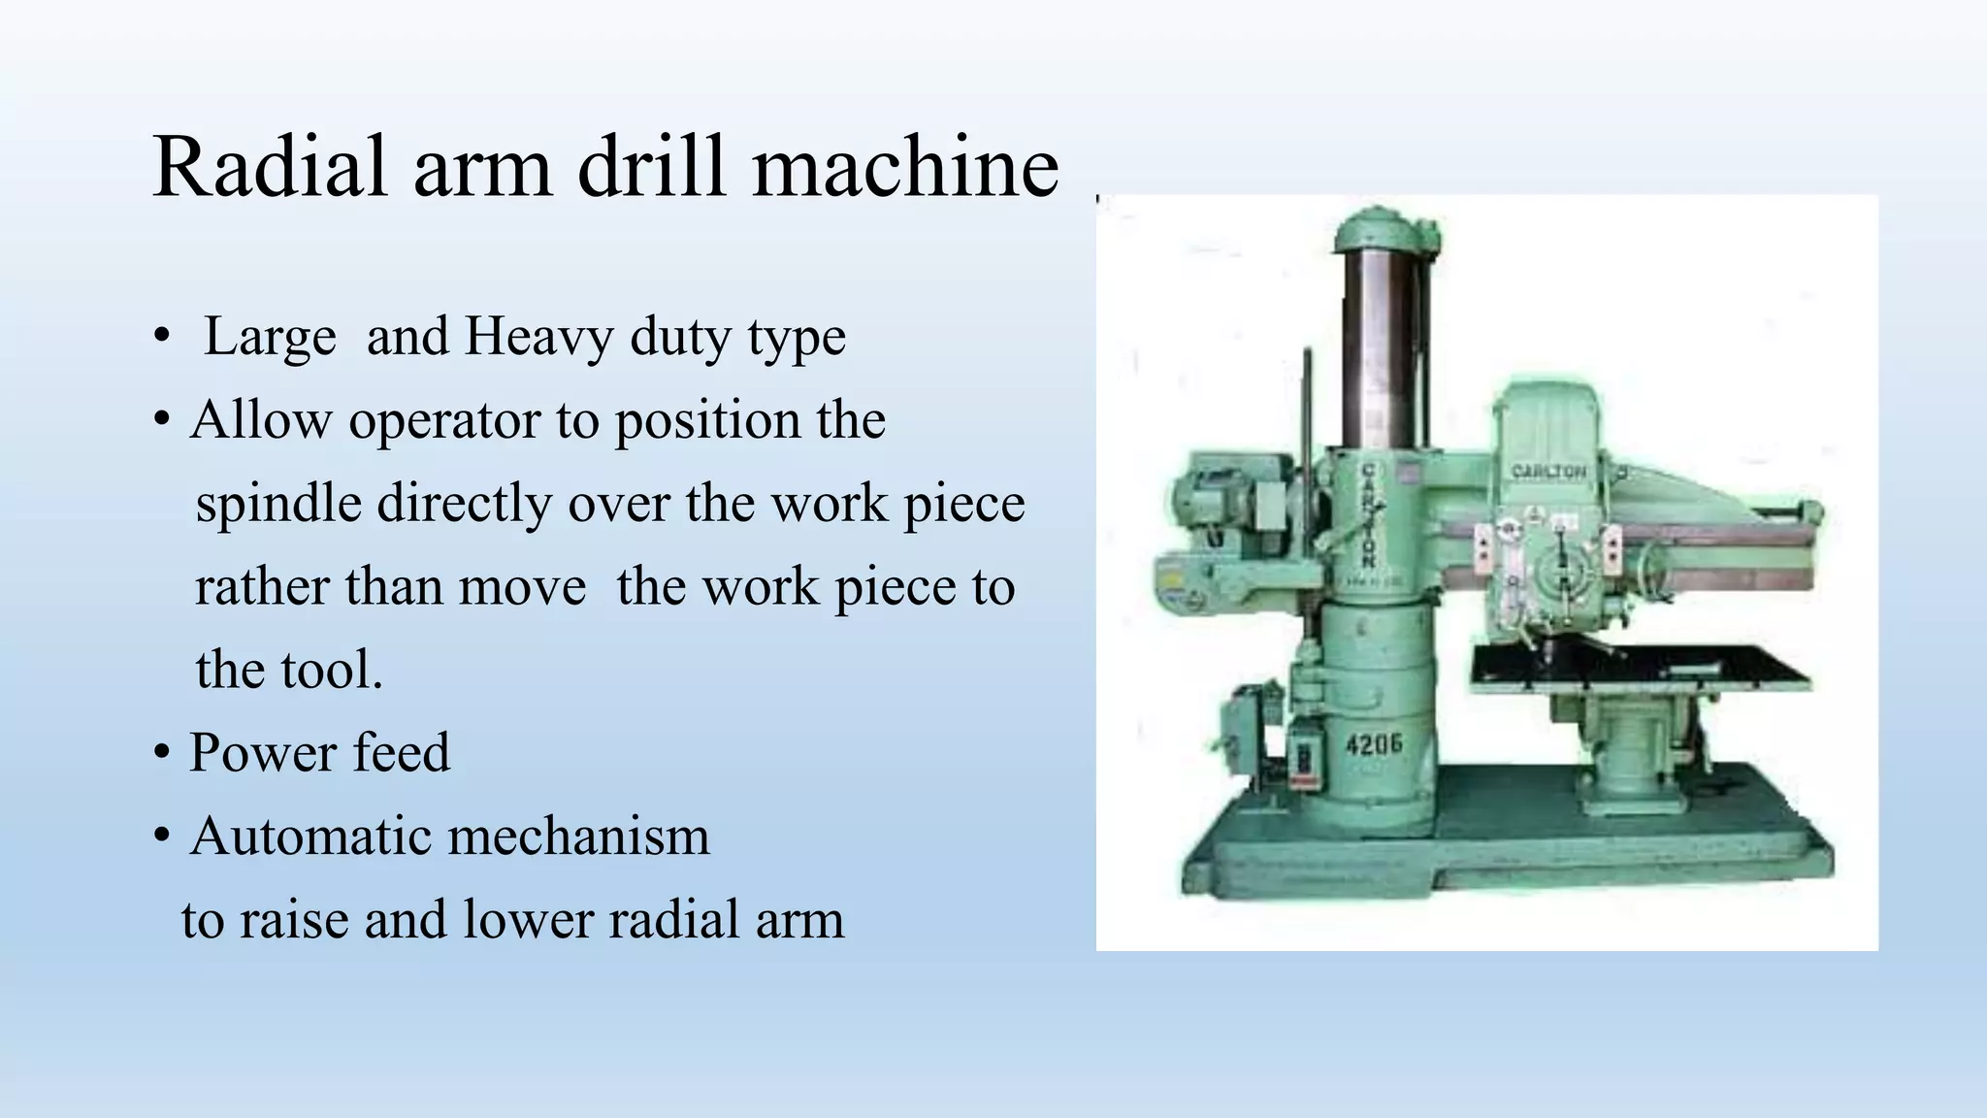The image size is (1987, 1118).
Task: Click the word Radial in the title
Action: coord(271,167)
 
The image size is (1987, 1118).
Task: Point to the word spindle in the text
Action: coord(278,504)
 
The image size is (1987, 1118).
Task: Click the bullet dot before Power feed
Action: coord(163,753)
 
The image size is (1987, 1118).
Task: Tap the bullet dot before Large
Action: coord(163,338)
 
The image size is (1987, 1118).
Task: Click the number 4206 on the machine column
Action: coord(1373,744)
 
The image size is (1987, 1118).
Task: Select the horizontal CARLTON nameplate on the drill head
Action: coord(1548,472)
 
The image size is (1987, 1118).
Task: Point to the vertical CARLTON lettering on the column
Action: coord(1368,514)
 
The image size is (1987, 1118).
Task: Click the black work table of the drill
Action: coord(1640,668)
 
